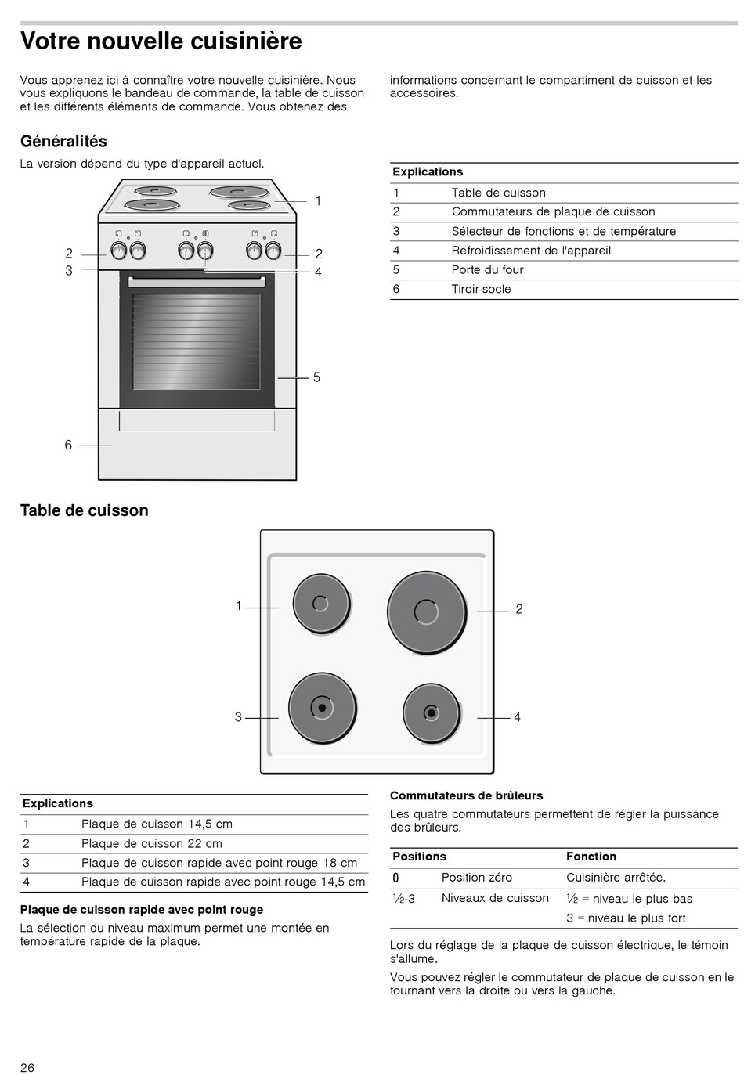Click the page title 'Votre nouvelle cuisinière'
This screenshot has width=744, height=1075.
pos(161,41)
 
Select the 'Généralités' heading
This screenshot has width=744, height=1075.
pos(63,142)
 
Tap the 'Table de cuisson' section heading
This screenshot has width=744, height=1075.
pos(84,510)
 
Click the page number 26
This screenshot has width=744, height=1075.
pos(27,1068)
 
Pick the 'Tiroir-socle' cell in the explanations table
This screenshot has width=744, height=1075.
pos(481,289)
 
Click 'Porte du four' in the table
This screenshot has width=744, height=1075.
pos(487,269)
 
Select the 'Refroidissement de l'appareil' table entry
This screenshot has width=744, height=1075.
pos(531,251)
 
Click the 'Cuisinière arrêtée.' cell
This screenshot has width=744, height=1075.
pos(616,878)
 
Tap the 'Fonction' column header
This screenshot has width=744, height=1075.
pos(591,857)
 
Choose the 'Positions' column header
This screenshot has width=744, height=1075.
pos(419,857)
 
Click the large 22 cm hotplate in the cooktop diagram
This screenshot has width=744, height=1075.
pos(426,612)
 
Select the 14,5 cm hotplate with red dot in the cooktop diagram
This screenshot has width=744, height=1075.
pos(431,712)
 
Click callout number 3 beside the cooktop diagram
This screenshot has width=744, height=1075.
pos(238,717)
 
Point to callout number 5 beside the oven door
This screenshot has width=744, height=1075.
pos(316,377)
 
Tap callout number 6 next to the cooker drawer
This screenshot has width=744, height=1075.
pos(68,445)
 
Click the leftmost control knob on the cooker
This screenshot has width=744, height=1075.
pos(119,251)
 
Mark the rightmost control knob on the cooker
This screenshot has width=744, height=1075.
pos(273,251)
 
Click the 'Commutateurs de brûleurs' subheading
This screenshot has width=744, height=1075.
pos(466,795)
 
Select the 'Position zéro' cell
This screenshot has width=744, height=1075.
pos(476,878)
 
